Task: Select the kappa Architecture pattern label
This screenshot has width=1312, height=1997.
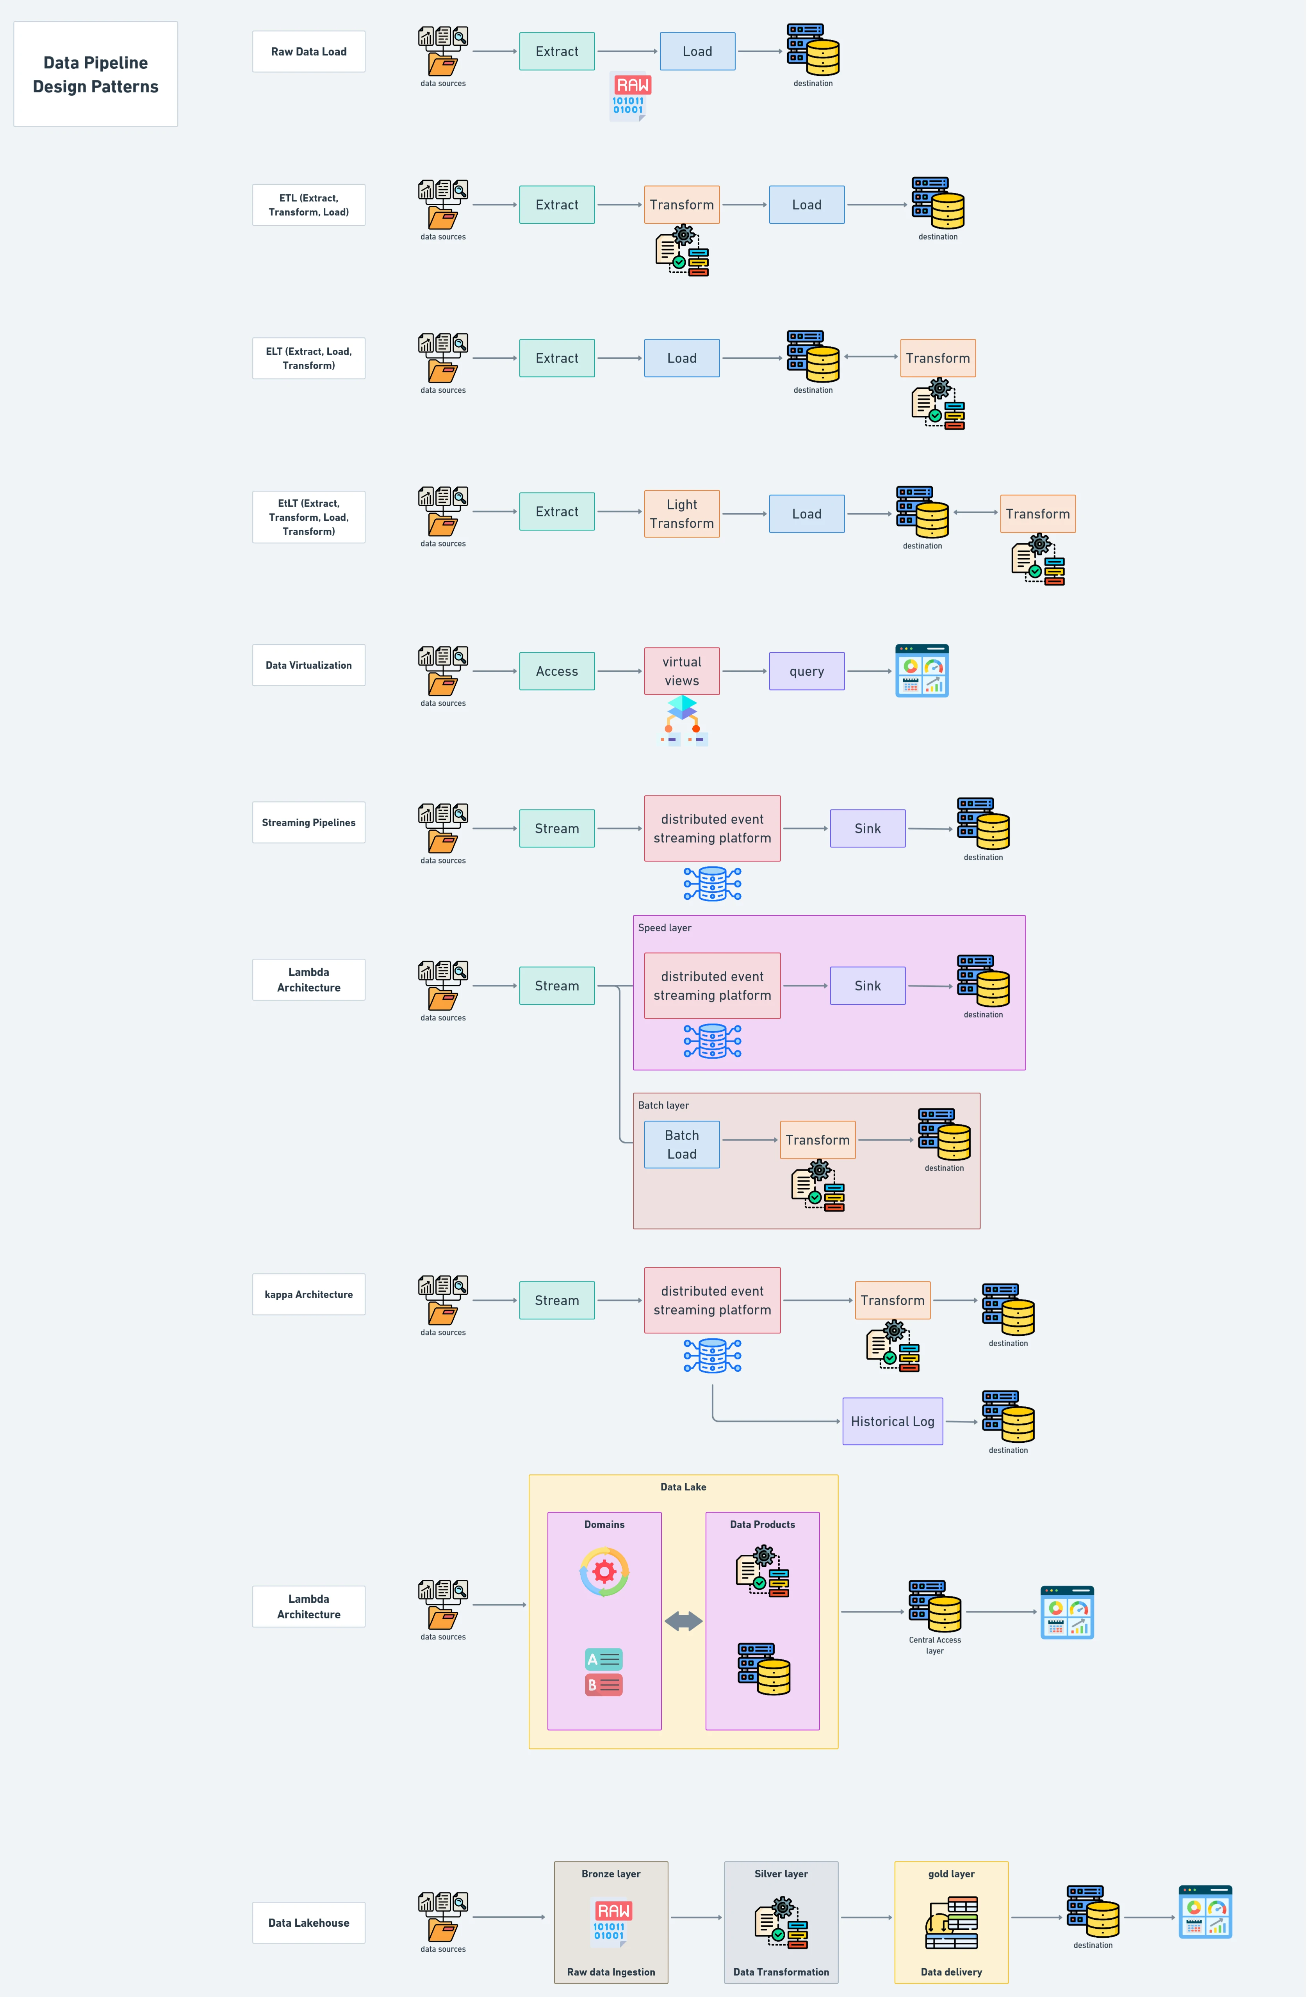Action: tap(309, 1295)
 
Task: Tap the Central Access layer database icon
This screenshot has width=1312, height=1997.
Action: tap(935, 1607)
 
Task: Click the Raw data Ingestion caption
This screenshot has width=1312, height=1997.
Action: tap(611, 1973)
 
